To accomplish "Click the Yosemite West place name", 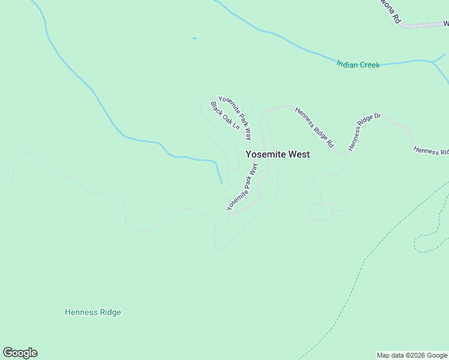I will (x=278, y=154).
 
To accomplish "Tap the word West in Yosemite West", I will (x=299, y=154).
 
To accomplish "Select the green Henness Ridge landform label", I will (x=93, y=312).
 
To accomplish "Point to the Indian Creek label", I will (x=358, y=64).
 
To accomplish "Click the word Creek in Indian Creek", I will (x=370, y=65).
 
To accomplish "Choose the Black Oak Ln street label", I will (x=225, y=115).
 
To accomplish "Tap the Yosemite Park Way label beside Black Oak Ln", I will (x=235, y=118).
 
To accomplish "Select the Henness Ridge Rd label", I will (x=314, y=127).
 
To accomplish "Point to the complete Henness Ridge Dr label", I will (x=364, y=131).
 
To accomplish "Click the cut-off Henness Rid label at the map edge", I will (x=431, y=150).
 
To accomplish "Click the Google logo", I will (x=20, y=353).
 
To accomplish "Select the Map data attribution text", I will (x=412, y=355).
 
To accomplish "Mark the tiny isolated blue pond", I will (x=194, y=38).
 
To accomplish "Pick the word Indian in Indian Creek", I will (x=347, y=63).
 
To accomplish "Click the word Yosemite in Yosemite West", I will (x=266, y=154).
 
